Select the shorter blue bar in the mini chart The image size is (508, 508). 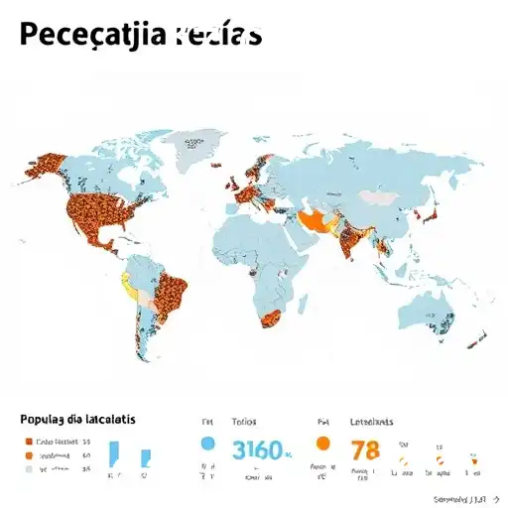pyautogui.click(x=146, y=457)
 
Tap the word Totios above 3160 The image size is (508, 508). pyautogui.click(x=244, y=421)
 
